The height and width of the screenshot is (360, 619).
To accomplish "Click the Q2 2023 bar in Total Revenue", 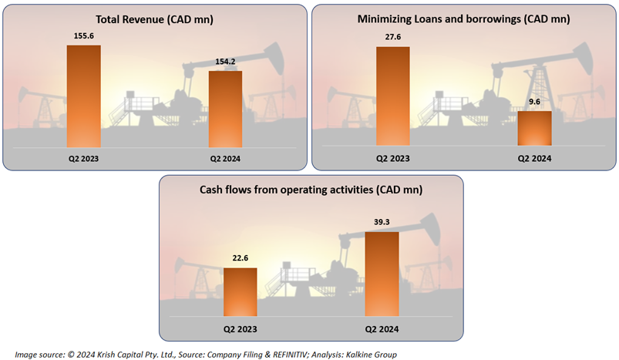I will point(84,96).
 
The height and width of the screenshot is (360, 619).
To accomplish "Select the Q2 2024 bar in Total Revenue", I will point(226,109).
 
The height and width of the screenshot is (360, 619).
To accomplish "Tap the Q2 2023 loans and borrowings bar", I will point(393,96).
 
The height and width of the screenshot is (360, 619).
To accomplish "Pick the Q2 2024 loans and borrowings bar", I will point(534,128).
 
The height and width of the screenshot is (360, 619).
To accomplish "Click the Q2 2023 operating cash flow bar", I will point(240,291).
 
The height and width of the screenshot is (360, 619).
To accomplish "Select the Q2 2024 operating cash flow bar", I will point(382,274).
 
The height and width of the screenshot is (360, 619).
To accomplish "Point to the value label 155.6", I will point(84,35).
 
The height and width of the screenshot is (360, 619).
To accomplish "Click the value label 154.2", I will point(226,62).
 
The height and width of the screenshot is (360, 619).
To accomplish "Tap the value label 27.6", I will point(393,35).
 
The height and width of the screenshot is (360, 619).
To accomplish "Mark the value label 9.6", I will point(534,103).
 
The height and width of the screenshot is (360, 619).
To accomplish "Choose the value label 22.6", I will point(240,259).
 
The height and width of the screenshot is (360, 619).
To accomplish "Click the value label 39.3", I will point(382,222).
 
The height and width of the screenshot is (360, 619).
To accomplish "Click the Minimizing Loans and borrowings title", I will point(463,18).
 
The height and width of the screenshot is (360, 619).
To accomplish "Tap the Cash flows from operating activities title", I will point(311,190).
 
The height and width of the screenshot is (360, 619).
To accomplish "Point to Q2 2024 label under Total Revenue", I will point(226,158).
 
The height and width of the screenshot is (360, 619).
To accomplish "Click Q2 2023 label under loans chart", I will point(393,158).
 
